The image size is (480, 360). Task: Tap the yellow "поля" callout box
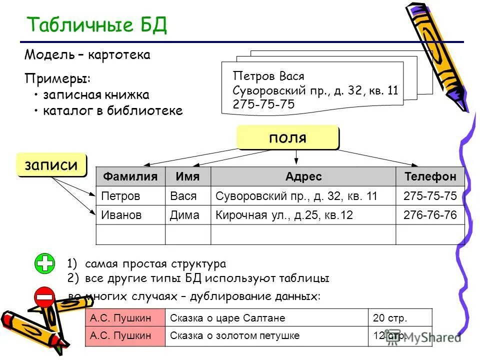pos(287,137)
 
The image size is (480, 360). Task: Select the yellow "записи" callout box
pos(51,165)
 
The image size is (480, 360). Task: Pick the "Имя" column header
pos(187,176)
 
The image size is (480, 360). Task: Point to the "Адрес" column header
pos(303,176)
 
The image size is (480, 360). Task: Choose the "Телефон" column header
pos(430,176)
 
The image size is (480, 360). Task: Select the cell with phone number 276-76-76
pos(430,215)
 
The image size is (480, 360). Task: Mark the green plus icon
pos(45,263)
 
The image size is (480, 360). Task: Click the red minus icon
pos(44,297)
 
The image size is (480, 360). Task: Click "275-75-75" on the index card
pos(263,104)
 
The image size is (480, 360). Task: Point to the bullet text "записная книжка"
pos(96,95)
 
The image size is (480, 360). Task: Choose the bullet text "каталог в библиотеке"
pos(112,111)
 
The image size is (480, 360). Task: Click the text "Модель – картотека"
pos(87,54)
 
